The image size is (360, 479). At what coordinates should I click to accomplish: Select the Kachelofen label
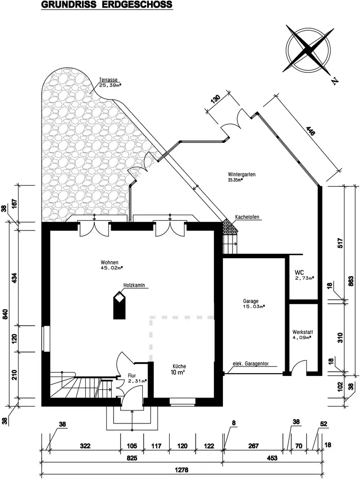point(247,217)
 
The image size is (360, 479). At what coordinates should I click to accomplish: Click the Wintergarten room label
point(242,175)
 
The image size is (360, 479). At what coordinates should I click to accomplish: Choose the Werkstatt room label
point(303,331)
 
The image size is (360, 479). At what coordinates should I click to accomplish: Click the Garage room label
point(251,301)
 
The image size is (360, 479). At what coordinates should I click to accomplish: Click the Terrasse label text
point(109,80)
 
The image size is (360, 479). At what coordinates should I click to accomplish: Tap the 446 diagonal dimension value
point(310,134)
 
